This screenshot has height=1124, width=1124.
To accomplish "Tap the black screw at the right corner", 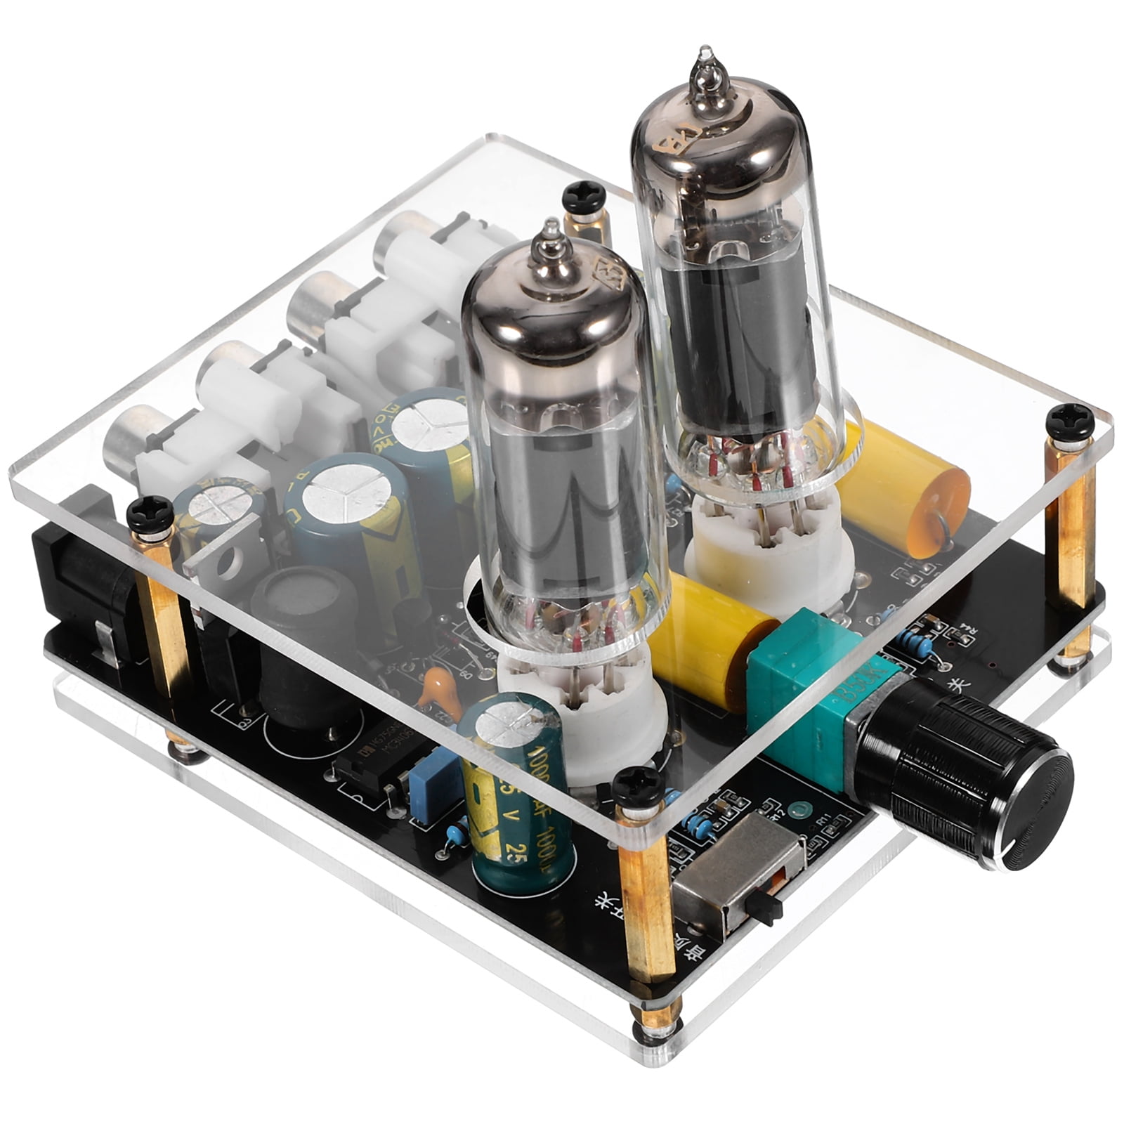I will tap(1068, 421).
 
